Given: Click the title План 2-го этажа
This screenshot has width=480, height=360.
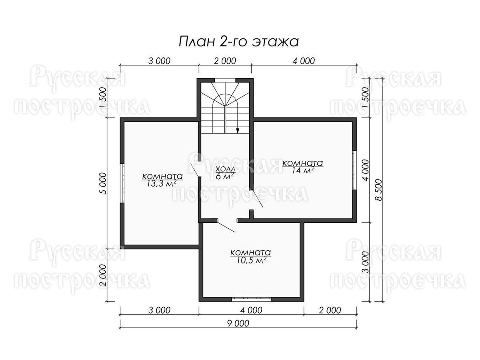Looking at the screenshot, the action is click(x=238, y=42).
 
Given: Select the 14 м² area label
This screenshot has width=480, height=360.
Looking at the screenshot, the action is click(x=303, y=170).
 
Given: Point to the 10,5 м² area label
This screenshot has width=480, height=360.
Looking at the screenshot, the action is click(x=251, y=260).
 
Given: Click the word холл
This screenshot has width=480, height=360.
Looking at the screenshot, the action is click(x=226, y=169).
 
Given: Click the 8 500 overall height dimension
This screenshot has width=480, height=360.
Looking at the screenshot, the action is click(x=378, y=190).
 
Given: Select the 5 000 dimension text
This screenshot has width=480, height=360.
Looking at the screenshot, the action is click(x=103, y=183).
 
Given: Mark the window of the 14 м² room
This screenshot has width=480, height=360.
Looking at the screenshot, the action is click(x=354, y=170).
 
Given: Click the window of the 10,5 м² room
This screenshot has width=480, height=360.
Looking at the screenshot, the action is click(x=251, y=299).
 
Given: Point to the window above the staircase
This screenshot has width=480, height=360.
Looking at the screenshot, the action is click(x=225, y=80).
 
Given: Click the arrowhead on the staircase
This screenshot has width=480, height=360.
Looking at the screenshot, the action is click(x=238, y=130).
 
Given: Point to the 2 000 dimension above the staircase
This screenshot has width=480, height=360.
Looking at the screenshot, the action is click(x=225, y=61).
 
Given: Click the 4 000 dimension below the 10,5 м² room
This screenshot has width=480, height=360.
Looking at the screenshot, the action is click(x=251, y=310).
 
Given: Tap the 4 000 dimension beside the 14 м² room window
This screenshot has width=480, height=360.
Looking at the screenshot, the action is click(x=365, y=170).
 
